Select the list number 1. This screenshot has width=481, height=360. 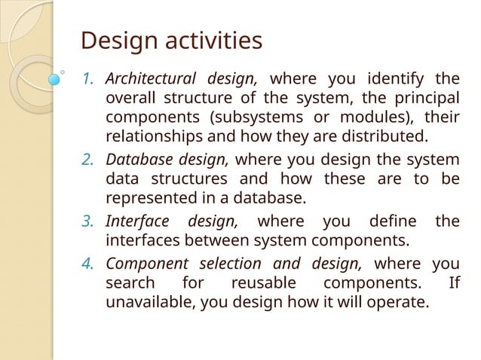coord(88,78)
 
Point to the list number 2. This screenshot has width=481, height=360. coord(88,159)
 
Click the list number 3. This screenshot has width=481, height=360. coord(88,221)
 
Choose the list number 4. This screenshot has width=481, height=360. coord(88,263)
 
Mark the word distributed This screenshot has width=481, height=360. coord(386,138)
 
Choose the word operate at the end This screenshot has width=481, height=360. coord(399,304)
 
